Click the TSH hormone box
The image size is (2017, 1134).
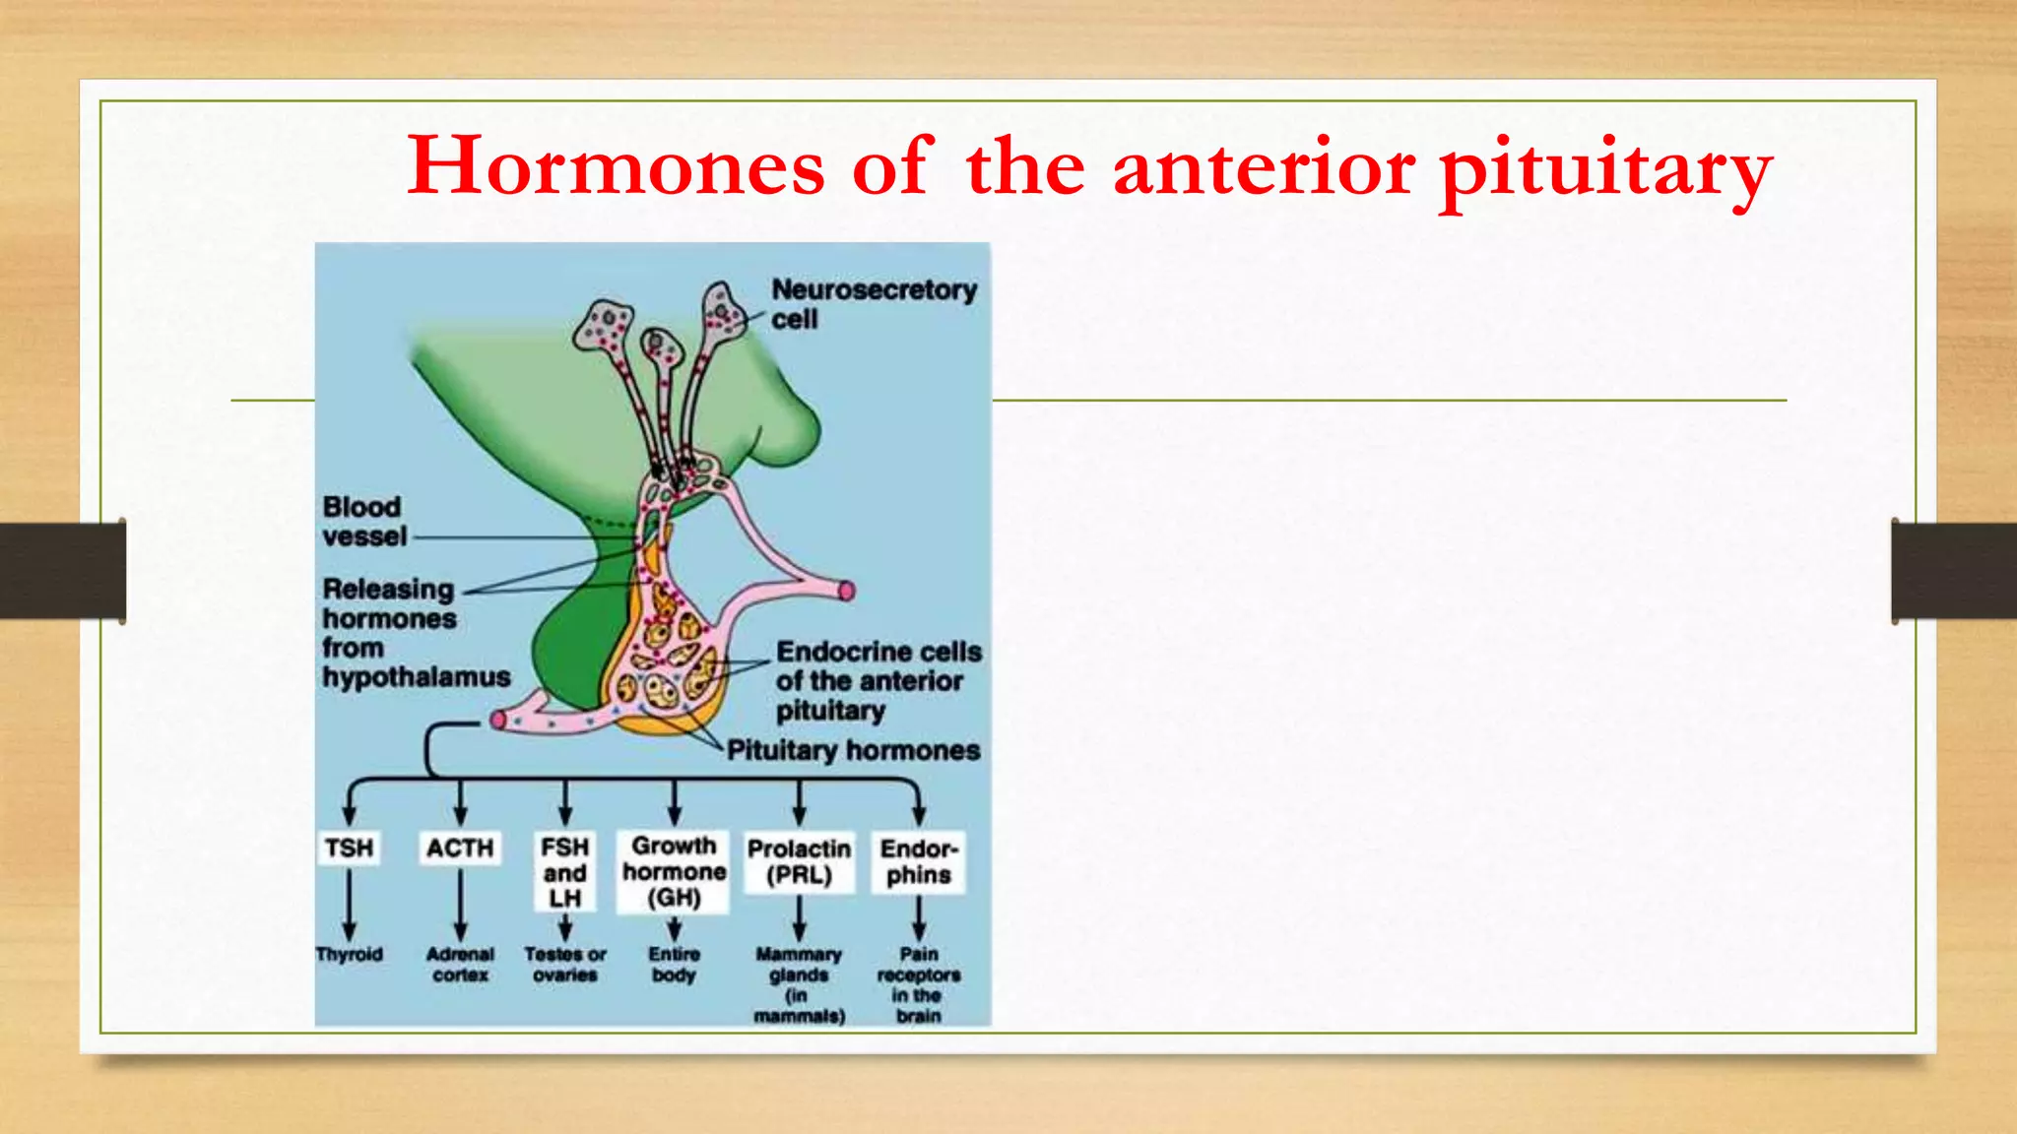point(350,848)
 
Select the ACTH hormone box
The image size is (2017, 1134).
point(460,848)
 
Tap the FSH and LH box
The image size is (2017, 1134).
point(565,872)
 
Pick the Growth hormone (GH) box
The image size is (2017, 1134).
point(674,871)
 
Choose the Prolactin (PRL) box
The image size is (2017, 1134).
point(799,861)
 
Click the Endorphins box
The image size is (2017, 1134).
point(918,861)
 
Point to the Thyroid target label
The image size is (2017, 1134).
point(350,954)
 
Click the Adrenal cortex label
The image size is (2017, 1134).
point(460,965)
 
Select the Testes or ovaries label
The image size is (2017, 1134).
point(565,965)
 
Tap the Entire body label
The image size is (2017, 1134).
point(674,965)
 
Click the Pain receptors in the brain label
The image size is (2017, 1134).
point(918,984)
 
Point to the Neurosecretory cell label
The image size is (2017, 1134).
point(874,303)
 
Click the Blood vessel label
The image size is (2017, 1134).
point(363,522)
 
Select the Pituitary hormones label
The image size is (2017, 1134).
point(853,750)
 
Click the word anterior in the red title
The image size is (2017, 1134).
point(1265,167)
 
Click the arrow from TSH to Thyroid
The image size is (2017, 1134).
point(350,904)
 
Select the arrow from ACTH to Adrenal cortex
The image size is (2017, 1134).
point(460,904)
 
